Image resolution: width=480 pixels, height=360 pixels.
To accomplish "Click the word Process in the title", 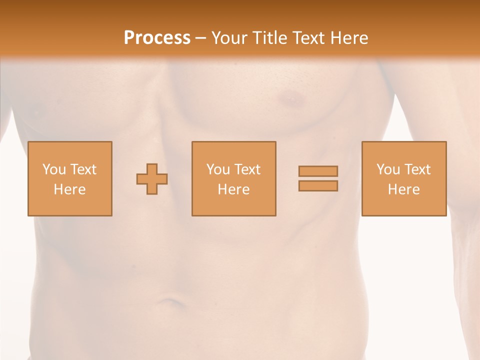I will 157,37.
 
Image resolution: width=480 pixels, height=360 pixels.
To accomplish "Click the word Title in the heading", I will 270,37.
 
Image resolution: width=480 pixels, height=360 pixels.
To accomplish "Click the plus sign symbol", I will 152,179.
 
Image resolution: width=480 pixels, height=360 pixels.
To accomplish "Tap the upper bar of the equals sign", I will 318,171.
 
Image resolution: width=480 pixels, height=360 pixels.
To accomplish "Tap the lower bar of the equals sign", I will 318,186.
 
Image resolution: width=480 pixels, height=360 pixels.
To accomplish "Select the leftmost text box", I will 69,178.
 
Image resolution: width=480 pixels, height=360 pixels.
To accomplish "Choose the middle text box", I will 233,178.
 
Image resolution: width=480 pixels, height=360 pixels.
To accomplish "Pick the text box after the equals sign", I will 403,178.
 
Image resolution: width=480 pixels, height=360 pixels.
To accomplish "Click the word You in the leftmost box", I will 54,169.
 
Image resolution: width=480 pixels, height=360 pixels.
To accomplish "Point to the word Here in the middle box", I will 233,189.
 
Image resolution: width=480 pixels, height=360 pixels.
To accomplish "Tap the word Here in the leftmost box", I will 69,189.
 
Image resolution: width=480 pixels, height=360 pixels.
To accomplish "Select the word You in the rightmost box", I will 388,169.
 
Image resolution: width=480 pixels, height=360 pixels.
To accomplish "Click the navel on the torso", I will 169,302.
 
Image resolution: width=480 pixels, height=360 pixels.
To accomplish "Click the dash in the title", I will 200,38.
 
